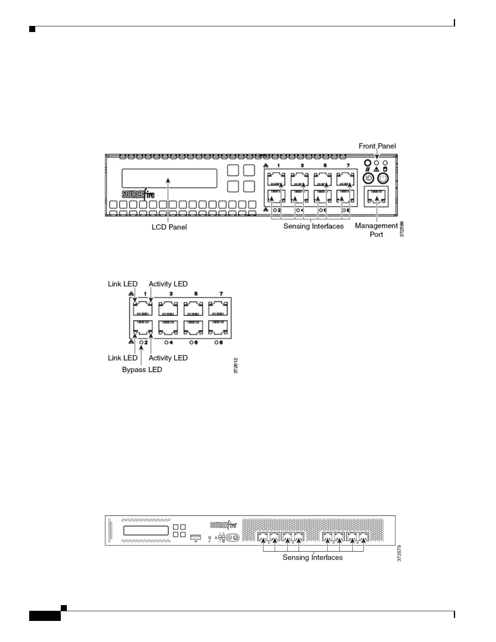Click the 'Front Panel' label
pyautogui.click(x=377, y=146)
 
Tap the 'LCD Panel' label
pyautogui.click(x=169, y=227)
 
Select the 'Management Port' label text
pyautogui.click(x=376, y=230)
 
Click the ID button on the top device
pyautogui.click(x=368, y=178)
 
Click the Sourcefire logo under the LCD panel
pyautogui.click(x=138, y=194)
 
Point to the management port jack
pyautogui.click(x=376, y=197)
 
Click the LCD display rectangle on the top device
pyautogui.click(x=169, y=178)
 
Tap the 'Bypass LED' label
pyautogui.click(x=142, y=370)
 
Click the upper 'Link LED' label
pyautogui.click(x=122, y=284)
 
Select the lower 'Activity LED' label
pyautogui.click(x=168, y=358)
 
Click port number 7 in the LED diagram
pyautogui.click(x=221, y=293)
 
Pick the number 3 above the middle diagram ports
pyautogui.click(x=171, y=293)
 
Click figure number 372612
pyautogui.click(x=236, y=365)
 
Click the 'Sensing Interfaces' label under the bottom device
pyautogui.click(x=312, y=558)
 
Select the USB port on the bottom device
pyautogui.click(x=195, y=537)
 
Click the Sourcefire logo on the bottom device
pyautogui.click(x=223, y=525)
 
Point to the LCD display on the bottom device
pyautogui.click(x=146, y=531)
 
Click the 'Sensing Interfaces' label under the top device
pyautogui.click(x=313, y=226)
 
